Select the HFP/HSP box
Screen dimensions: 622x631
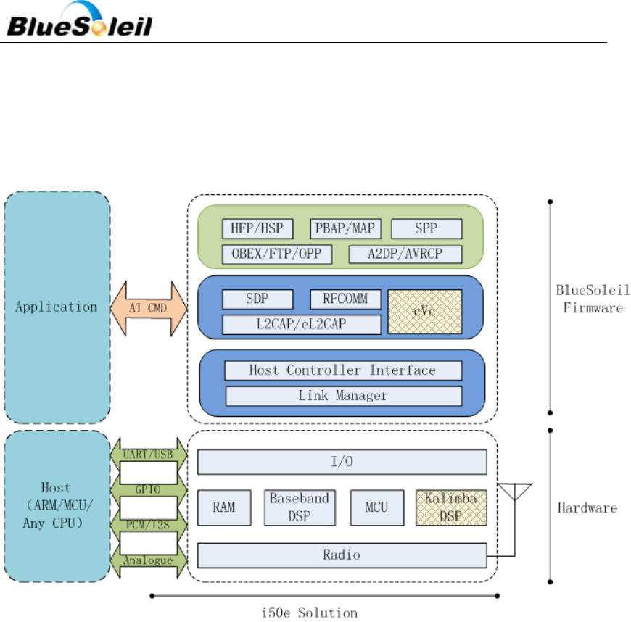coord(257,229)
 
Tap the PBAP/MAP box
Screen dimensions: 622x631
coord(345,229)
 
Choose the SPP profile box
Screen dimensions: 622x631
coord(426,229)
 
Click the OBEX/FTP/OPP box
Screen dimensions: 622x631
coord(278,254)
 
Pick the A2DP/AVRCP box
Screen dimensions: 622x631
coord(405,254)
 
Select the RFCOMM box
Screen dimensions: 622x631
coord(345,299)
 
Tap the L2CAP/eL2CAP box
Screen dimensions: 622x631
coord(301,323)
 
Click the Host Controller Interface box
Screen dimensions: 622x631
coord(342,370)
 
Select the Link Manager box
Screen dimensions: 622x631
coord(342,396)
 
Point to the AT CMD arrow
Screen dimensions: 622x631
coord(148,307)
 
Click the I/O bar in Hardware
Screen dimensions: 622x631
coord(342,462)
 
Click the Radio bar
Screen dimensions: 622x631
coord(342,555)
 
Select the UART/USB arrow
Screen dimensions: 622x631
coord(148,454)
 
